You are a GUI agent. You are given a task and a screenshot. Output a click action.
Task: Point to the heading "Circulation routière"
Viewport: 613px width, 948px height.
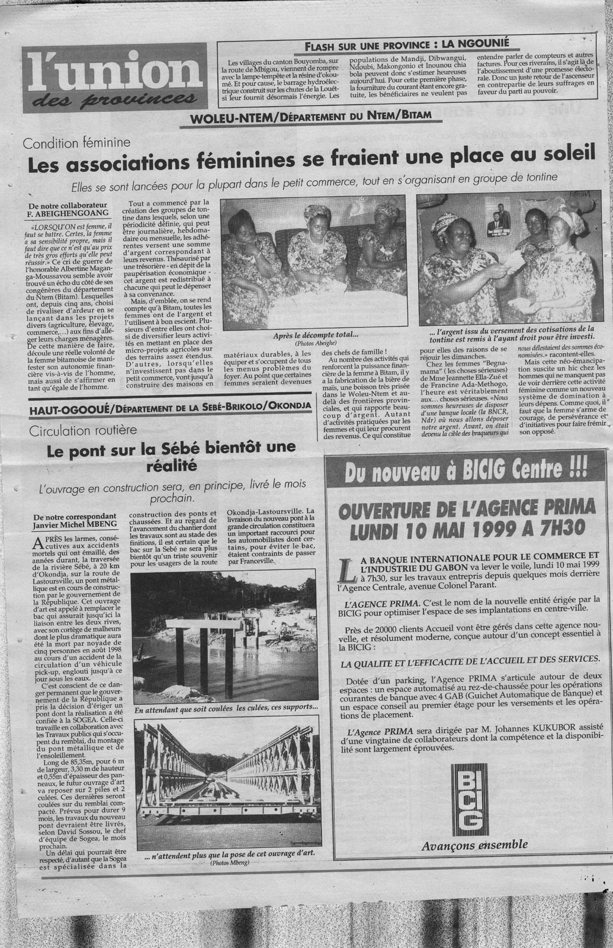coord(83,427)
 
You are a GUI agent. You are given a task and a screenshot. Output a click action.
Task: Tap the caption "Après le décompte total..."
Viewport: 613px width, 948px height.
coord(313,336)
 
